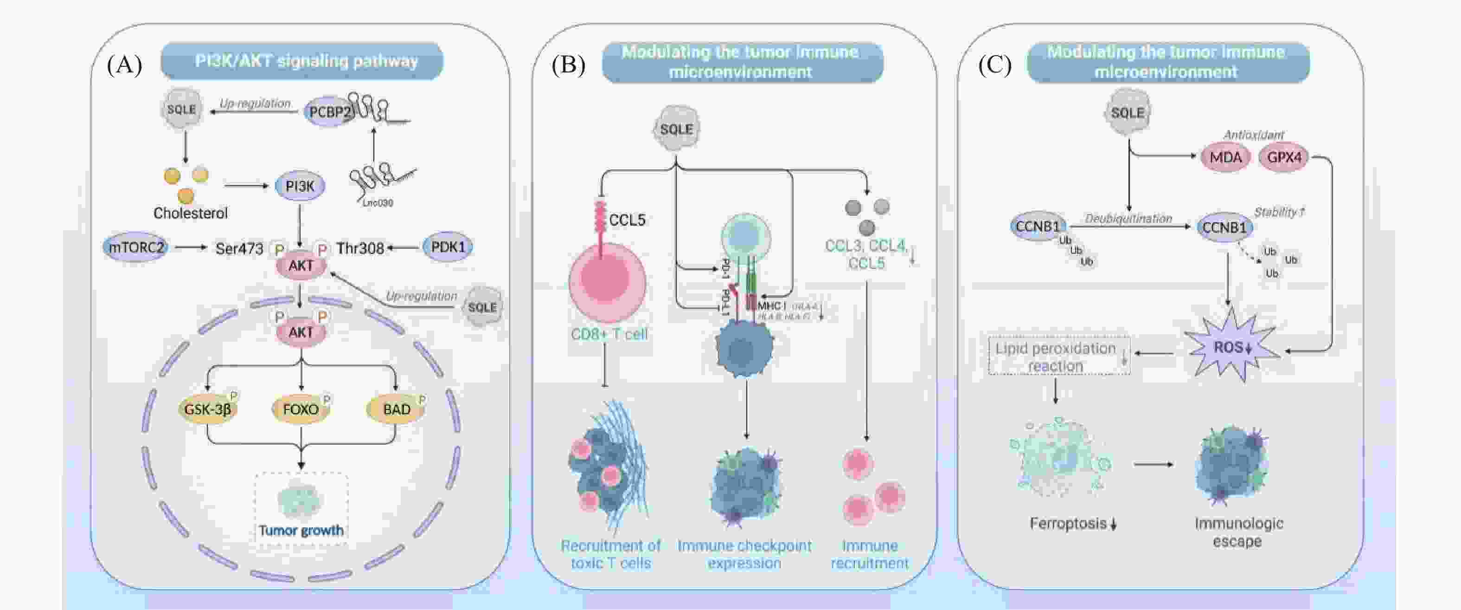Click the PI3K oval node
click(x=300, y=186)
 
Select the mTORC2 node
click(x=135, y=247)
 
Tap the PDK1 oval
click(x=448, y=247)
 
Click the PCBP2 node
click(x=329, y=112)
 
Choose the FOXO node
click(x=301, y=409)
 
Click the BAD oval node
click(x=397, y=409)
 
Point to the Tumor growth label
click(x=301, y=531)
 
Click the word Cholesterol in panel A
click(x=191, y=214)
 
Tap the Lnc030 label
click(x=378, y=202)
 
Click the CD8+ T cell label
click(x=609, y=334)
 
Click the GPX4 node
click(x=1284, y=157)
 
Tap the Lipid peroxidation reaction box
click(x=1058, y=357)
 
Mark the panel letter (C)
click(x=995, y=65)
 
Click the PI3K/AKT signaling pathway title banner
click(x=302, y=61)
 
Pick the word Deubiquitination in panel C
click(x=1128, y=219)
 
